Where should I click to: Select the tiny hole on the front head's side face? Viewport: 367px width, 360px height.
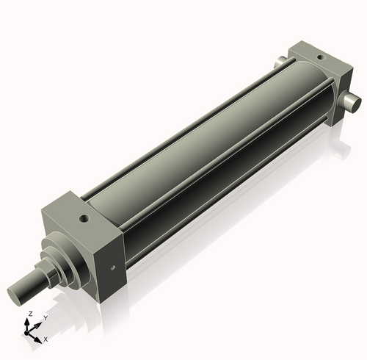pyautogui.click(x=112, y=267)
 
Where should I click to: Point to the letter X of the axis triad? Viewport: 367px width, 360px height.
pyautogui.click(x=46, y=339)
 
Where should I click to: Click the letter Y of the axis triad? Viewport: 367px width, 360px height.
pyautogui.click(x=46, y=318)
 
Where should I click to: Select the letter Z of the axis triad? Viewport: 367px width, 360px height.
pyautogui.click(x=29, y=313)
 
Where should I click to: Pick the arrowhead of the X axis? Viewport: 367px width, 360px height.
pyautogui.click(x=40, y=338)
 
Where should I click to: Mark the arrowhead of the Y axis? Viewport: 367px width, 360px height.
pyautogui.click(x=40, y=323)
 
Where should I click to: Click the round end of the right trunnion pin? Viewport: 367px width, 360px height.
pyautogui.click(x=355, y=104)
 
